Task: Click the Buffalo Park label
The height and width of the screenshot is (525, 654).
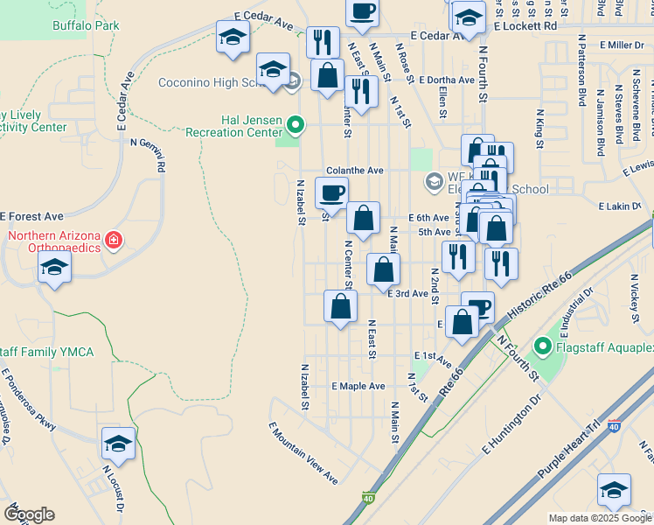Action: click(x=85, y=26)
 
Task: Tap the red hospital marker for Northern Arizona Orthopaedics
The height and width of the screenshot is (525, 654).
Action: click(x=113, y=239)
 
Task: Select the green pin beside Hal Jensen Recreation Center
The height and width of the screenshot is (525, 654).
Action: click(x=296, y=124)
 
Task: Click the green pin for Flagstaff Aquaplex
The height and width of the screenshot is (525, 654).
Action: click(x=541, y=348)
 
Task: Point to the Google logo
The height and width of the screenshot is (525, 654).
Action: click(x=29, y=514)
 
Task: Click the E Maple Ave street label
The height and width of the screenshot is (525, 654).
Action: click(x=358, y=386)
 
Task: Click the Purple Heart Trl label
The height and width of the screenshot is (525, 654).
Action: click(x=569, y=447)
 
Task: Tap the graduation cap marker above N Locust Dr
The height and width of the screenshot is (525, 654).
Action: click(x=118, y=444)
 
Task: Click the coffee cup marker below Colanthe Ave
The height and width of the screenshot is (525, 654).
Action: click(x=331, y=193)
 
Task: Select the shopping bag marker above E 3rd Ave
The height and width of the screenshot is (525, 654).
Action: click(x=383, y=269)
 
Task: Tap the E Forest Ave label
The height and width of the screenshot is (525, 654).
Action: click(x=32, y=216)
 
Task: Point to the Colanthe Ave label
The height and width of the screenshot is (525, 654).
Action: click(x=354, y=171)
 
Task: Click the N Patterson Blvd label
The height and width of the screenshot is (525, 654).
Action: click(x=581, y=70)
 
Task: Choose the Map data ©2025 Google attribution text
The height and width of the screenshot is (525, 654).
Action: click(x=600, y=518)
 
